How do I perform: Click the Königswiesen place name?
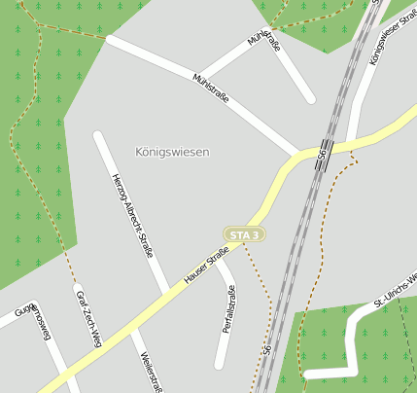point(172,153)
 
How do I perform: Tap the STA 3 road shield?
point(243,234)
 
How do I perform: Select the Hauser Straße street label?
point(206,267)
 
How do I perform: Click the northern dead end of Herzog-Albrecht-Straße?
point(97,134)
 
